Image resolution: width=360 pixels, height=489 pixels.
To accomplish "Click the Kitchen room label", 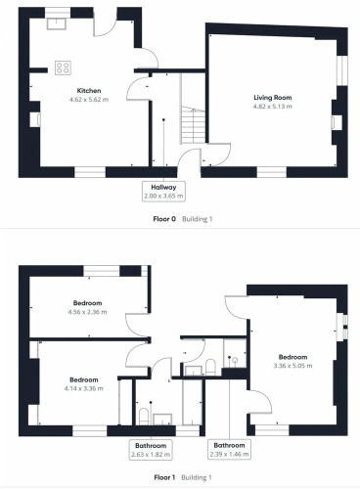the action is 89,91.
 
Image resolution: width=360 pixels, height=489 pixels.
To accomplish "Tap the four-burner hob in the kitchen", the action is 63,67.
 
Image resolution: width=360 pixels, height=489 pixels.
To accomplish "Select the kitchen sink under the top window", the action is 57,23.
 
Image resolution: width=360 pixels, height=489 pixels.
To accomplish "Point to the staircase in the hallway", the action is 193,124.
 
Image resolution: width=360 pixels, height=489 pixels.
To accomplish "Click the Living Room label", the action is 273,98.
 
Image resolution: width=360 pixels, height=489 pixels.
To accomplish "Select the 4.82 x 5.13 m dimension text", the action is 273,107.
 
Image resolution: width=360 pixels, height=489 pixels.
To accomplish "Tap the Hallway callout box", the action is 163,192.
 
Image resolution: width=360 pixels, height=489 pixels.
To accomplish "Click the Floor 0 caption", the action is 164,219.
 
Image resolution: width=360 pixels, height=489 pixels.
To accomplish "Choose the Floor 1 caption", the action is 164,477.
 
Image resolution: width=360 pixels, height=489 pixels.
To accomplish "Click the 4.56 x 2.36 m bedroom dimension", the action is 87,312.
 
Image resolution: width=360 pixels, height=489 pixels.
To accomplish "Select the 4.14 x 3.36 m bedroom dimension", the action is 84,388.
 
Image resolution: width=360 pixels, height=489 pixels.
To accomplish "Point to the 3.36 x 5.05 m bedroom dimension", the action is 292,366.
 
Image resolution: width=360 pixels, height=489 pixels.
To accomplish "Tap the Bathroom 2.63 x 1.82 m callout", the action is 151,450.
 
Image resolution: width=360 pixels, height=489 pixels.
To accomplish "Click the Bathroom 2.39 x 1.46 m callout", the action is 229,450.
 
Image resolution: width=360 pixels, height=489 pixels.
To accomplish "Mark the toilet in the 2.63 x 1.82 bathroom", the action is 144,417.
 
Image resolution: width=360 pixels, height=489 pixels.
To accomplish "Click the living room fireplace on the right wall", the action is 337,122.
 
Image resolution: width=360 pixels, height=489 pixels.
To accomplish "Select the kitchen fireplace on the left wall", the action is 35,119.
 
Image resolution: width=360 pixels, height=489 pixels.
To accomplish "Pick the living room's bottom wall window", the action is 272,172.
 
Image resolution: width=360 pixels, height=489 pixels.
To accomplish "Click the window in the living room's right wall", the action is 342,70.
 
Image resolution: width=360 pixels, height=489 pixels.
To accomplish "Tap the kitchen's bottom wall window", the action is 90,172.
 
